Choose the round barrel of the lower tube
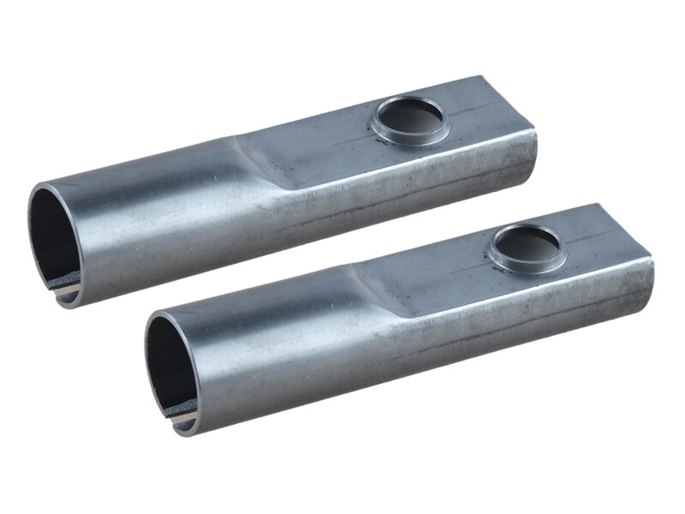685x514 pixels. (274, 351)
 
